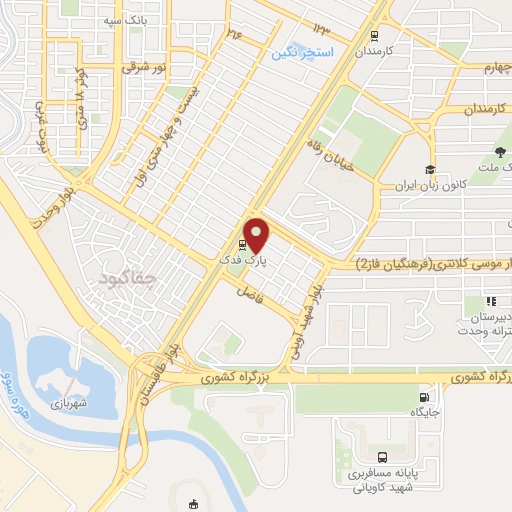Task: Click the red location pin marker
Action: pos(257,235)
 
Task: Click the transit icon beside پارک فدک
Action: pos(242,245)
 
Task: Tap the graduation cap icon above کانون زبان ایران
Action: pos(429,170)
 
